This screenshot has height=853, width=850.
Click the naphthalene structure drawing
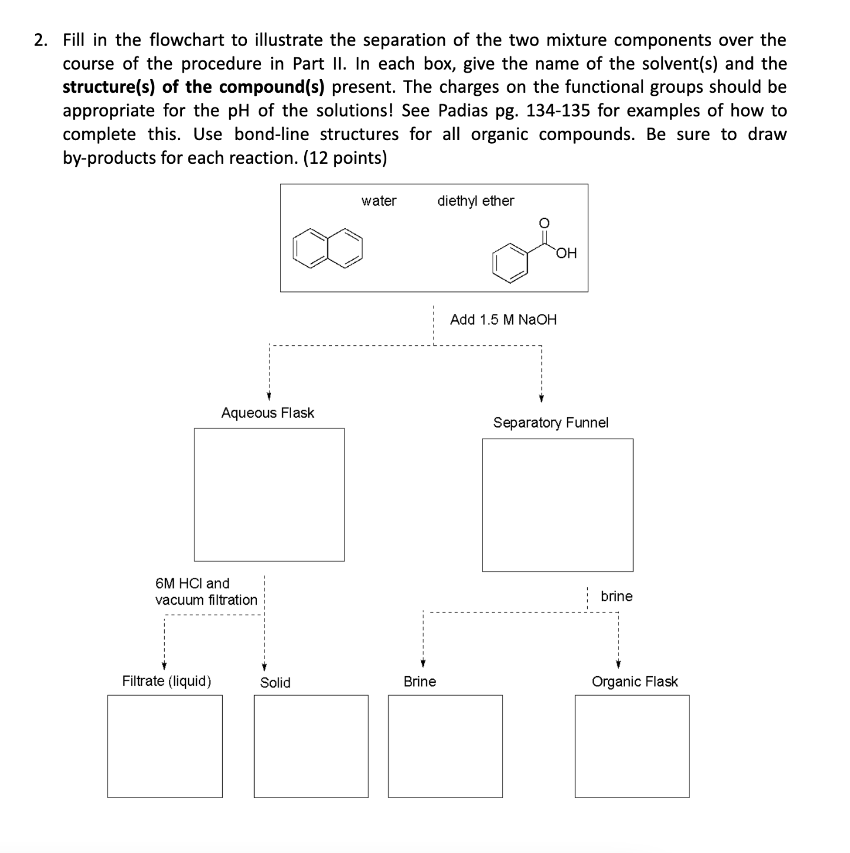[327, 248]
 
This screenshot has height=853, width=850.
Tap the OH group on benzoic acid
[566, 254]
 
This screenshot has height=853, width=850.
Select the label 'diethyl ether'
[476, 201]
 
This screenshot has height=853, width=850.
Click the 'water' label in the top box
[379, 201]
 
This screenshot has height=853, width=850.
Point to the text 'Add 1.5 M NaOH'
[503, 320]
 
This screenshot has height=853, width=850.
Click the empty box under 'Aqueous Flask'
[269, 495]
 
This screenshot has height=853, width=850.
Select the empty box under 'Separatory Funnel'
[558, 505]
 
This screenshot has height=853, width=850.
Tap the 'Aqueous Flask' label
[268, 413]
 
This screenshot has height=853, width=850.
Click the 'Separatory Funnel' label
[551, 423]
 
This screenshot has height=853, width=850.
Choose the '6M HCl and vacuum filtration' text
[206, 592]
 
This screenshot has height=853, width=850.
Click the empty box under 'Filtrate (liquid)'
[165, 746]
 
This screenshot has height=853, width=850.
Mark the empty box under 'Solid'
[311, 746]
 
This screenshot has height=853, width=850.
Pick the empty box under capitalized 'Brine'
[445, 746]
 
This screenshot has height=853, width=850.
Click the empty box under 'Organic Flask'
[632, 746]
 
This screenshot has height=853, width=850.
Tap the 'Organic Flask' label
[634, 682]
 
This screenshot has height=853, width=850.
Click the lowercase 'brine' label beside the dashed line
[616, 596]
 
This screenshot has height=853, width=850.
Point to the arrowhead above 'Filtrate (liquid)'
[164, 665]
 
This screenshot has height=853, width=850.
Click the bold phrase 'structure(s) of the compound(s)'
[194, 87]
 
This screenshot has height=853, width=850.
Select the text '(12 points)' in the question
[345, 158]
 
